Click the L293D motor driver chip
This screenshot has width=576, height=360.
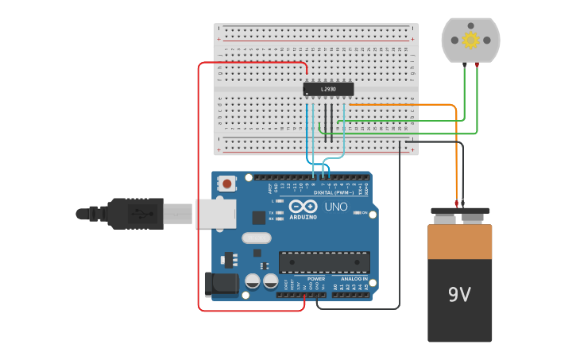(x=328, y=89)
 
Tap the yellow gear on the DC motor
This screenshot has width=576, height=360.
(x=470, y=40)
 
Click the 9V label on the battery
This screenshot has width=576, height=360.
(x=459, y=295)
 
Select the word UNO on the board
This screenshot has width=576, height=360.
(x=336, y=207)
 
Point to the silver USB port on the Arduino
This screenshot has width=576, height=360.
(x=215, y=214)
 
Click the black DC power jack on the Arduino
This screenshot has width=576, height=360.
(x=221, y=285)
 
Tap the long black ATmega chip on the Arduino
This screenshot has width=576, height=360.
(x=323, y=262)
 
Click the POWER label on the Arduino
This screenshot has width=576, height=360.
(x=315, y=279)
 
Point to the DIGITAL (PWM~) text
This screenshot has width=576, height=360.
(x=334, y=192)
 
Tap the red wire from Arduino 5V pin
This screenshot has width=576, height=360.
(x=198, y=183)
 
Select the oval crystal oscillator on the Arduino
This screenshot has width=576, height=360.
(x=256, y=238)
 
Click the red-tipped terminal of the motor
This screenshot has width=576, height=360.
(x=477, y=67)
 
